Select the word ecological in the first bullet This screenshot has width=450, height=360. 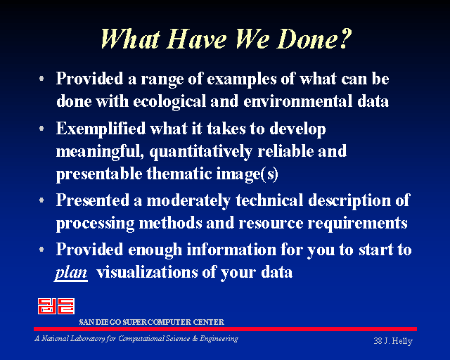coord(169,102)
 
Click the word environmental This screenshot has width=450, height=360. coord(298,101)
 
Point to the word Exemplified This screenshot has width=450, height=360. coord(101,129)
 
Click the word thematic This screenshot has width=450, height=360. coord(179,174)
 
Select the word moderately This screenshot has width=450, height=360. coord(188,201)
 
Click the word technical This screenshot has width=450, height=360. coord(269,200)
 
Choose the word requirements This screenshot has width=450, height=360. coord(358,224)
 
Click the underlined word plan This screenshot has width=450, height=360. coord(71,273)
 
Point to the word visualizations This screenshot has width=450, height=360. coord(147,272)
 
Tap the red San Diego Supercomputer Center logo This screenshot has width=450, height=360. coord(56,306)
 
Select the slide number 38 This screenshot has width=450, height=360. coord(378,341)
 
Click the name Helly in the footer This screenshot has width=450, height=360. coord(402,341)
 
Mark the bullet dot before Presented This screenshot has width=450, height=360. coord(41,200)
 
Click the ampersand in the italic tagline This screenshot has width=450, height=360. coord(195,339)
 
